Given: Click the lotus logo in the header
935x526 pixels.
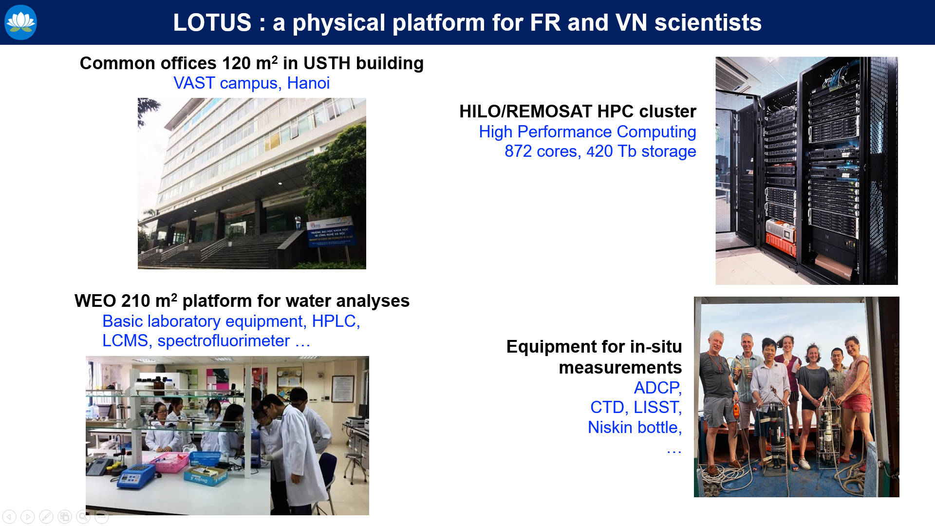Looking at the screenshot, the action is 20,22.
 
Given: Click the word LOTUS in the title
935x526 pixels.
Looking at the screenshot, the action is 212,23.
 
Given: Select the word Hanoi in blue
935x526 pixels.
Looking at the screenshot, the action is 308,83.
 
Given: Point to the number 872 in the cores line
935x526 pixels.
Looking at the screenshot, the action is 518,151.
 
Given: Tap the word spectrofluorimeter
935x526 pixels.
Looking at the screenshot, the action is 224,341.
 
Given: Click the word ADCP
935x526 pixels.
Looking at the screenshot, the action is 657,388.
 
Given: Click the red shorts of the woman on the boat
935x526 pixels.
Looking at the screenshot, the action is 857,403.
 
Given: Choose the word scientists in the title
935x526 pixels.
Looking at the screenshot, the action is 708,23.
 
